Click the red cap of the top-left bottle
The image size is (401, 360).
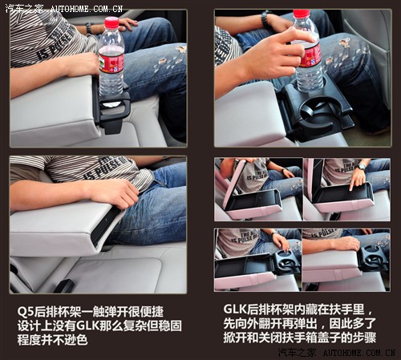111,22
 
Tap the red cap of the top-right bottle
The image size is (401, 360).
302,14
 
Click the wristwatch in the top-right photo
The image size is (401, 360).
265,18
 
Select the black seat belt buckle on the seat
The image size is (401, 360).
64,285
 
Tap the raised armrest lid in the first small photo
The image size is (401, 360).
232,185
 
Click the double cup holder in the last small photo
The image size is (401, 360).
371,260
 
